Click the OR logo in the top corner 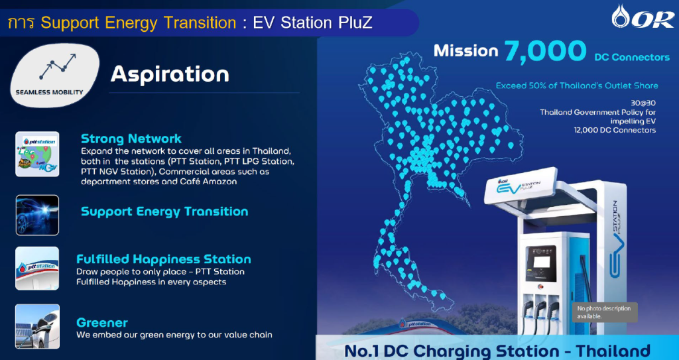pos(643,17)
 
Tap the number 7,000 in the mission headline pos(545,51)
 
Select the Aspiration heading pos(170,74)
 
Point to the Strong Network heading pos(131,139)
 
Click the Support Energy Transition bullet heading pos(164,211)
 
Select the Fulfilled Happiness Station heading pos(164,259)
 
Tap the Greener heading pos(102,323)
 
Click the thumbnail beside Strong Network pos(37,154)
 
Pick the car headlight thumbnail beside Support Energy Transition pos(37,215)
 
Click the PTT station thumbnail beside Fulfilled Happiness pos(37,268)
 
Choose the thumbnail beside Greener pos(37,326)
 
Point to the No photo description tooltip pos(605,312)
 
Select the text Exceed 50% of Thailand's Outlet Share pos(577,86)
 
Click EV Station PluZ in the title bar pos(312,23)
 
